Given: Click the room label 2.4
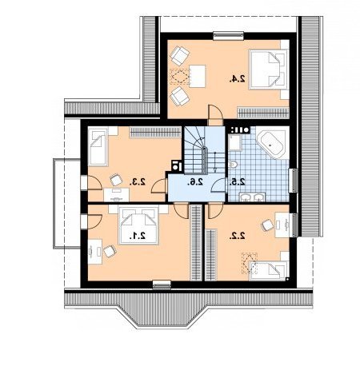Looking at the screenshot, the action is [x=237, y=78].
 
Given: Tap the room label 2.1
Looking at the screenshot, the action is [x=138, y=236].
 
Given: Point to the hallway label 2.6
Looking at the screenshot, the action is [x=195, y=181].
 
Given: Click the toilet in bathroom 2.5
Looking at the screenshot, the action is [x=233, y=165].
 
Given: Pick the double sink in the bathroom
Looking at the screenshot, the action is [x=252, y=197].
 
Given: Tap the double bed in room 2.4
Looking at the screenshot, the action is [x=268, y=70].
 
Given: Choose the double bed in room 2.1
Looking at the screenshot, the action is [x=138, y=225].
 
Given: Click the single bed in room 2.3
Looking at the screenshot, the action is [x=98, y=147].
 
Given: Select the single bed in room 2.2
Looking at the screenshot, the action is [x=269, y=270].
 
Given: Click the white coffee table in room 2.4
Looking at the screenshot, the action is [x=198, y=76].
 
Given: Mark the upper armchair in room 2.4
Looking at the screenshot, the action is [x=179, y=55].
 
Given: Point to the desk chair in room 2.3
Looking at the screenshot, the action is [x=116, y=180].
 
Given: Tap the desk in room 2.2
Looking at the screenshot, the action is [x=282, y=225].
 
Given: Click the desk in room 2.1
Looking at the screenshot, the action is [x=95, y=252].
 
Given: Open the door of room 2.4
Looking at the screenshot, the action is [x=215, y=115].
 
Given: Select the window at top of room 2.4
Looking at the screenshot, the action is [x=229, y=36].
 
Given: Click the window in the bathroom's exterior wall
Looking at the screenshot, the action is [x=294, y=181].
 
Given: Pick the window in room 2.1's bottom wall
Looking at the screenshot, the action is [x=162, y=284].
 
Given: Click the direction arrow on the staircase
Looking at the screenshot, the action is [x=215, y=162].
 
